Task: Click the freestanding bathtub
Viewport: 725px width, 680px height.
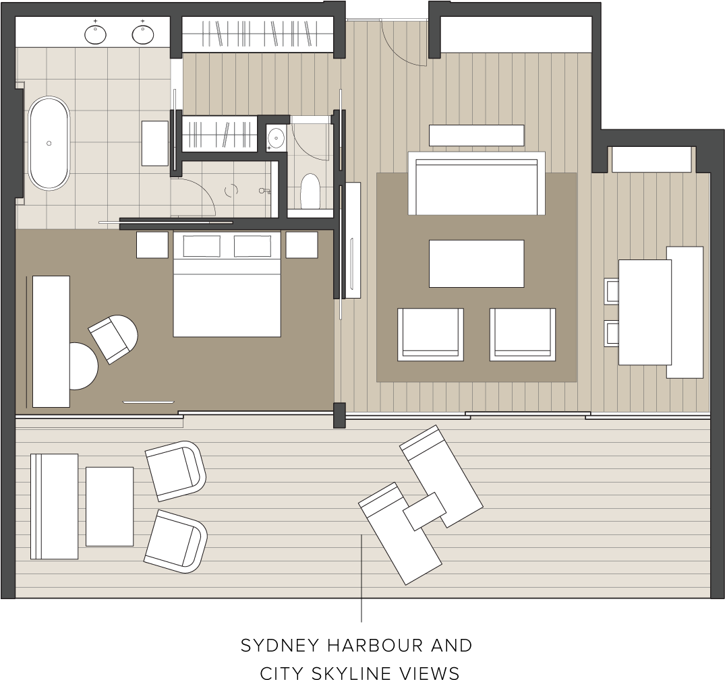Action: coord(49,143)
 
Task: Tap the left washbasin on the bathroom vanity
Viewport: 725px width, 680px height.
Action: coord(96,33)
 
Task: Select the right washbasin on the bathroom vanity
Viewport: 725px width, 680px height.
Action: coord(143,33)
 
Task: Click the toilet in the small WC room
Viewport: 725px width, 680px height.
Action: coord(310,191)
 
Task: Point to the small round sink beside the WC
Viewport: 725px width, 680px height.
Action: coord(276,138)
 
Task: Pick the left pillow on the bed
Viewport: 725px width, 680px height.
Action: coord(202,246)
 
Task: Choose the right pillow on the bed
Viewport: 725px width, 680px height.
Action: coord(252,246)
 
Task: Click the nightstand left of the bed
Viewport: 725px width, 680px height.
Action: coord(152,245)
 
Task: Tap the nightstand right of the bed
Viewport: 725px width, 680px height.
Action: coord(301,245)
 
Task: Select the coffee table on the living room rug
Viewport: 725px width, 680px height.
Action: coord(476,264)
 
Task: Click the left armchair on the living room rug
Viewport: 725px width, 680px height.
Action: coord(430,334)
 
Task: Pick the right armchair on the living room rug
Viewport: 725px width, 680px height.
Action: coord(523,334)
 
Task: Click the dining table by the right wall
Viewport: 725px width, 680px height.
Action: coord(645,312)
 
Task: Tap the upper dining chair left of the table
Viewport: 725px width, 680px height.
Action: coord(612,291)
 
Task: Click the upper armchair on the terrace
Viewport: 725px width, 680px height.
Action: coord(175,470)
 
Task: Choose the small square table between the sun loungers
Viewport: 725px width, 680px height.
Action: coord(424,511)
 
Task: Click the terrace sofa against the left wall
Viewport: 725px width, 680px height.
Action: coord(54,506)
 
